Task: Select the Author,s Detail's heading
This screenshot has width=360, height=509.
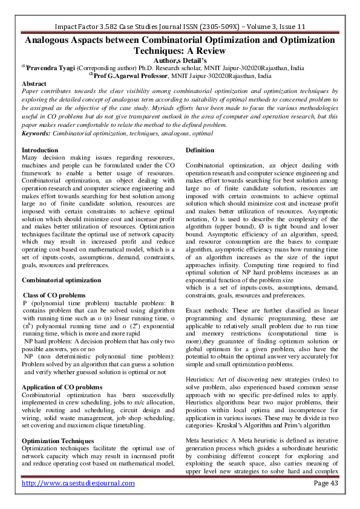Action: tap(180, 60)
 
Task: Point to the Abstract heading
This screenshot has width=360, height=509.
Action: tap(34, 83)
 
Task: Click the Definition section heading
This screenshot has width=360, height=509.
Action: tap(200, 149)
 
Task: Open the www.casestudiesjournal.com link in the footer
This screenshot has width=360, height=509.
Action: tap(78, 484)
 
